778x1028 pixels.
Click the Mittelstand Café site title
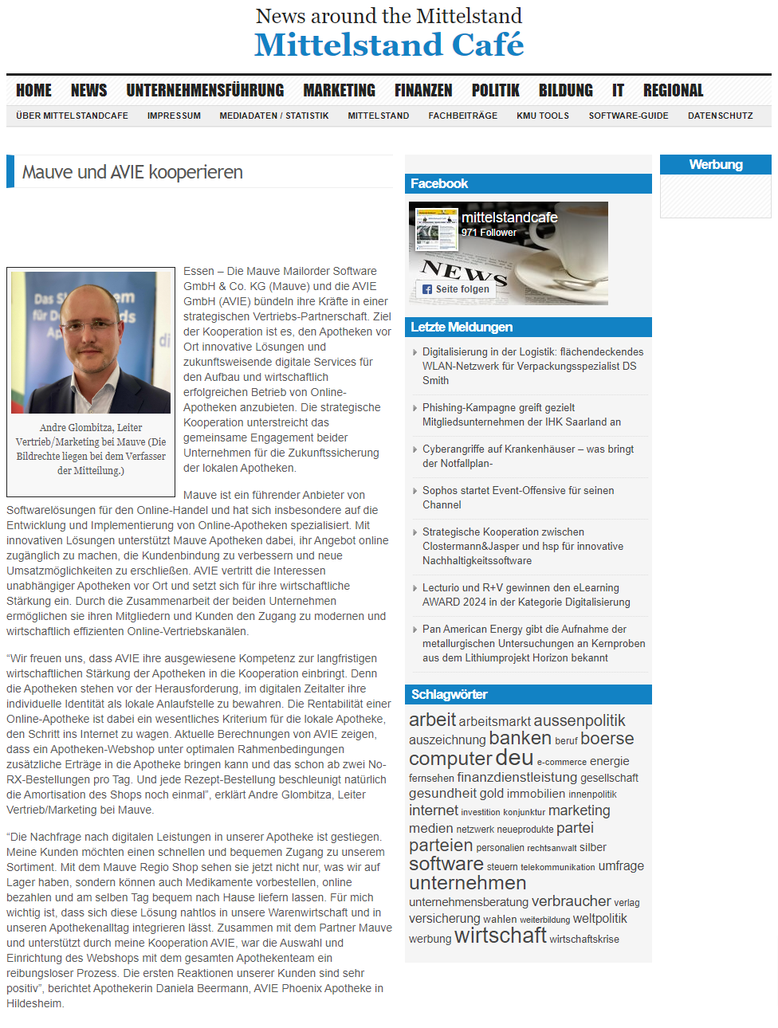[389, 45]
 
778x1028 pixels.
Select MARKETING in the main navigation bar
[339, 91]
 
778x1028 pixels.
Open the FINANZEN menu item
[423, 91]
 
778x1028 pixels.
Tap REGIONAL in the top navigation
[673, 91]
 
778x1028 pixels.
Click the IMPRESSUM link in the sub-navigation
[174, 116]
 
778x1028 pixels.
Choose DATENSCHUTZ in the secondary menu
[720, 116]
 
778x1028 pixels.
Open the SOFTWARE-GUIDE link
[628, 116]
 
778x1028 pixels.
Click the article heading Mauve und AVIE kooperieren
[132, 172]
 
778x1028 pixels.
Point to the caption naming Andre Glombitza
[91, 449]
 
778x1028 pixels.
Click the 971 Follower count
[489, 233]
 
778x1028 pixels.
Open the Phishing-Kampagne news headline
[521, 414]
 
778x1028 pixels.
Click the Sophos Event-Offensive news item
[517, 497]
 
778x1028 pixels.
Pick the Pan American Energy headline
[533, 643]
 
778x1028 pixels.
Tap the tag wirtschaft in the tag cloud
[500, 936]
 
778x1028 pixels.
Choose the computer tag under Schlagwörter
[450, 759]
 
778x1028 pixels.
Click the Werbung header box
[715, 165]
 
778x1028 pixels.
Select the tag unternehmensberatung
[468, 902]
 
